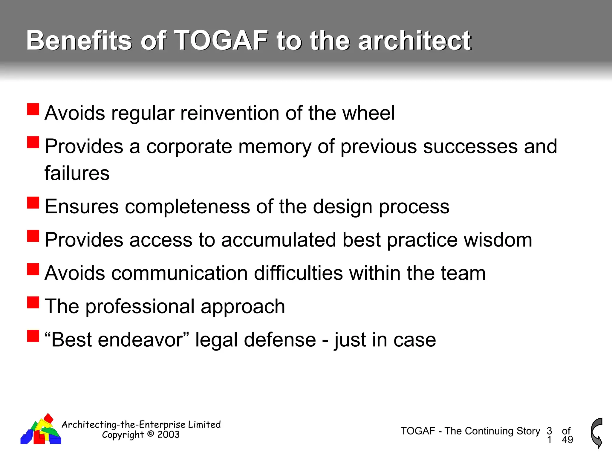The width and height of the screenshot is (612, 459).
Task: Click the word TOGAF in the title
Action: [221, 41]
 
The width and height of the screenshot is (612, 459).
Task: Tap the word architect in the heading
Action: [414, 41]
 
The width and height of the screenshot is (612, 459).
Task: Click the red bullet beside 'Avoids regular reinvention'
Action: [33, 109]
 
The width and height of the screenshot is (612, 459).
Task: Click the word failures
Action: [77, 173]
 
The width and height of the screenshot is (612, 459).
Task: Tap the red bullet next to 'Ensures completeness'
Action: [33, 203]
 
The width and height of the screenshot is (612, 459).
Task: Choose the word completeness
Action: [187, 206]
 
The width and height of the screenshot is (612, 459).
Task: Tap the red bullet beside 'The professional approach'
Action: [33, 302]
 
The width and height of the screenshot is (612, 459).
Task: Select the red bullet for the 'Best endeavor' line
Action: [33, 336]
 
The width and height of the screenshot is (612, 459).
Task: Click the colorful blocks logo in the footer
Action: [41, 430]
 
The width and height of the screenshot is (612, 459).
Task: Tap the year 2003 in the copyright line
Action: [169, 435]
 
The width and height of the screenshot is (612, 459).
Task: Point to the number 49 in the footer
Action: [567, 440]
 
